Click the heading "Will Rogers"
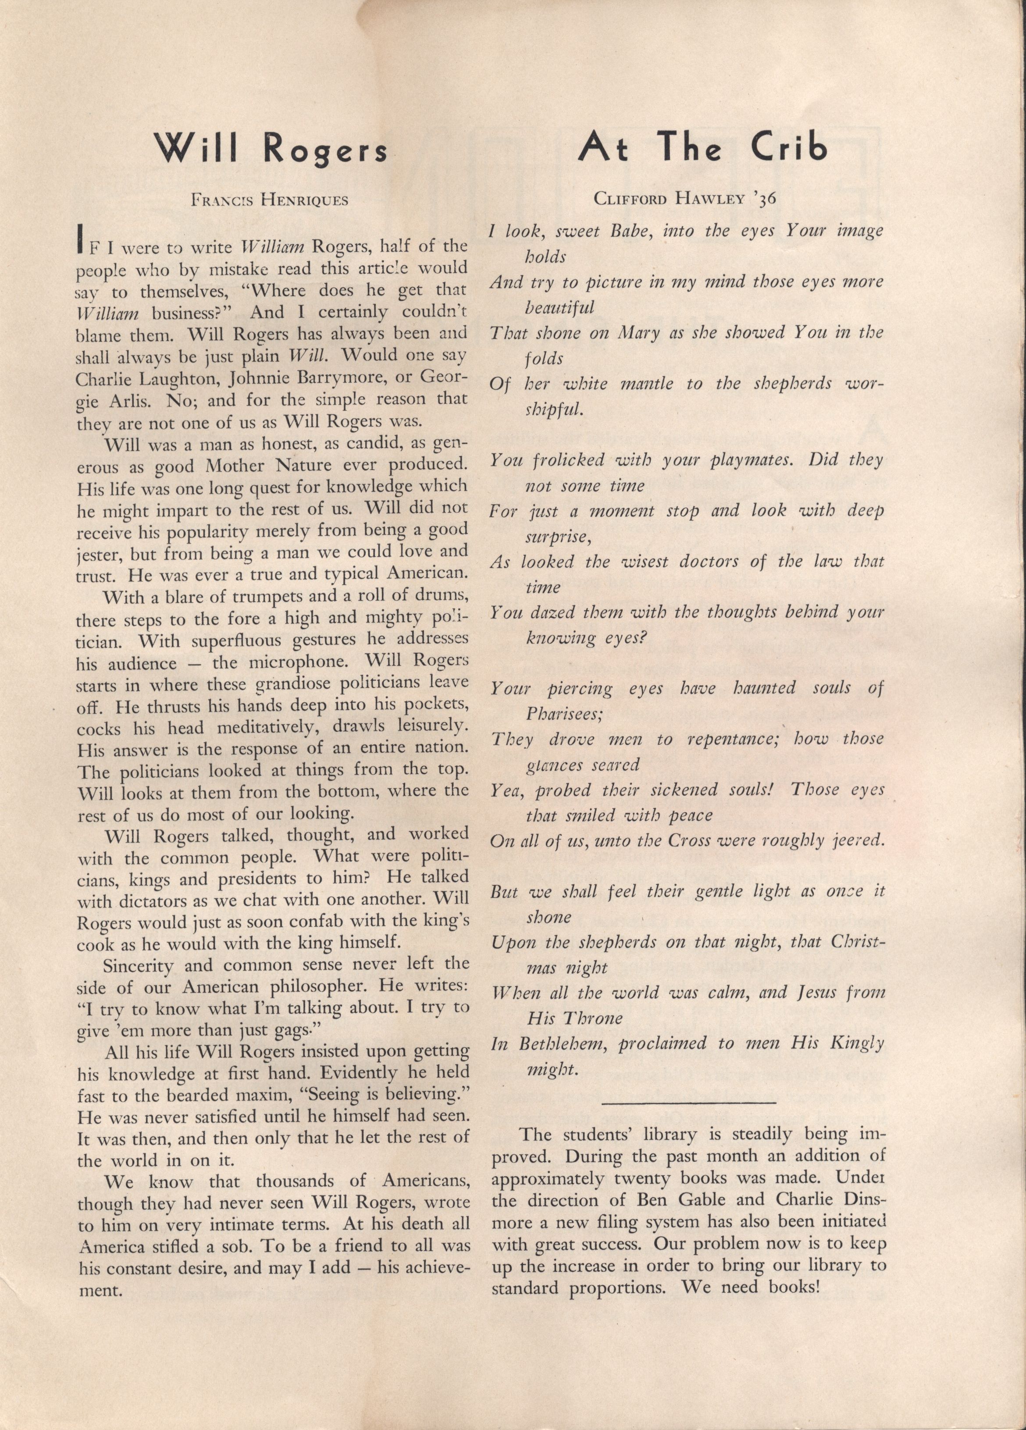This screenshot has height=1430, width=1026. [x=272, y=149]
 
